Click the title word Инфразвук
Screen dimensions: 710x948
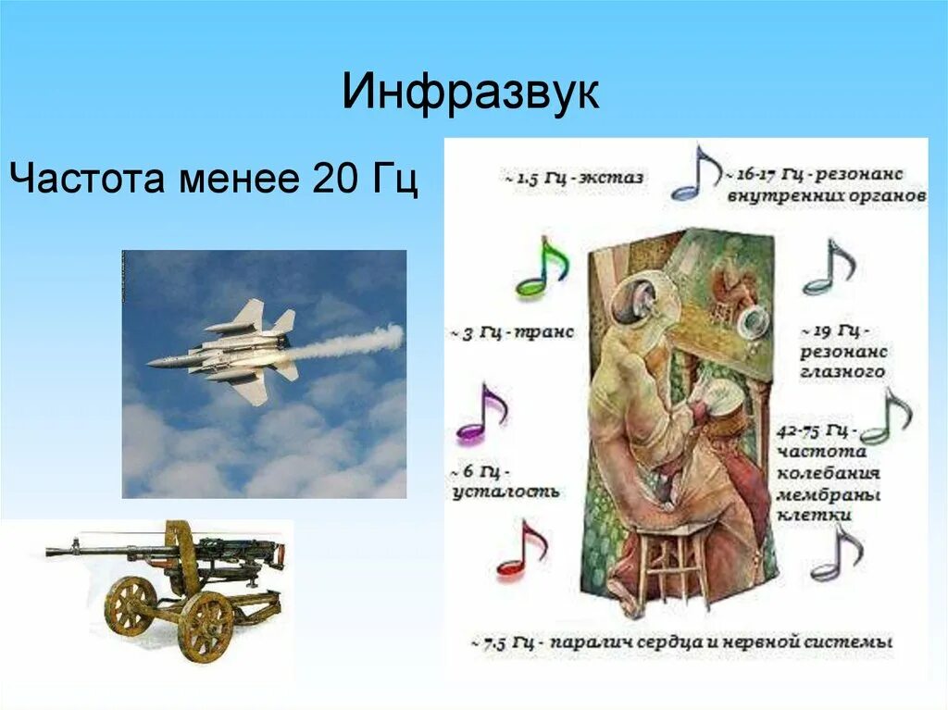pos(470,93)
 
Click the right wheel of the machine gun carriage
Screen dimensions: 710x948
pos(206,627)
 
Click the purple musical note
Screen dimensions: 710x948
pos(481,414)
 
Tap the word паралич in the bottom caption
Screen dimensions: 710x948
pos(592,641)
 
